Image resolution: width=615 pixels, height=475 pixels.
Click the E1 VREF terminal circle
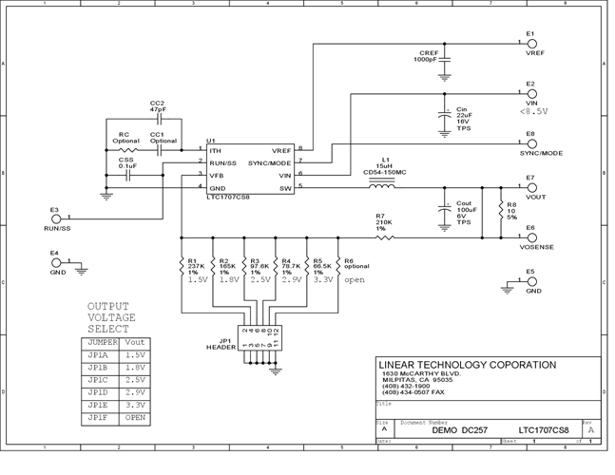tap(531, 43)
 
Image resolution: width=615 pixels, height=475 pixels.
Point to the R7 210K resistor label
tap(382, 222)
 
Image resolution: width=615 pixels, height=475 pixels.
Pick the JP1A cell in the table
tap(97, 352)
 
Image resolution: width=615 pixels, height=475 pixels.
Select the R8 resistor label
tap(510, 210)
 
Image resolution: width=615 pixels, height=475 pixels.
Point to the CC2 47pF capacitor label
tap(157, 106)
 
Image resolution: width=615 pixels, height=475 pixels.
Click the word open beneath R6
tap(354, 280)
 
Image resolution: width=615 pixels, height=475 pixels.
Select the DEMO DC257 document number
tap(457, 429)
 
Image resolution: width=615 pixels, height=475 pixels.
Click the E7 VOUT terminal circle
tap(531, 187)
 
